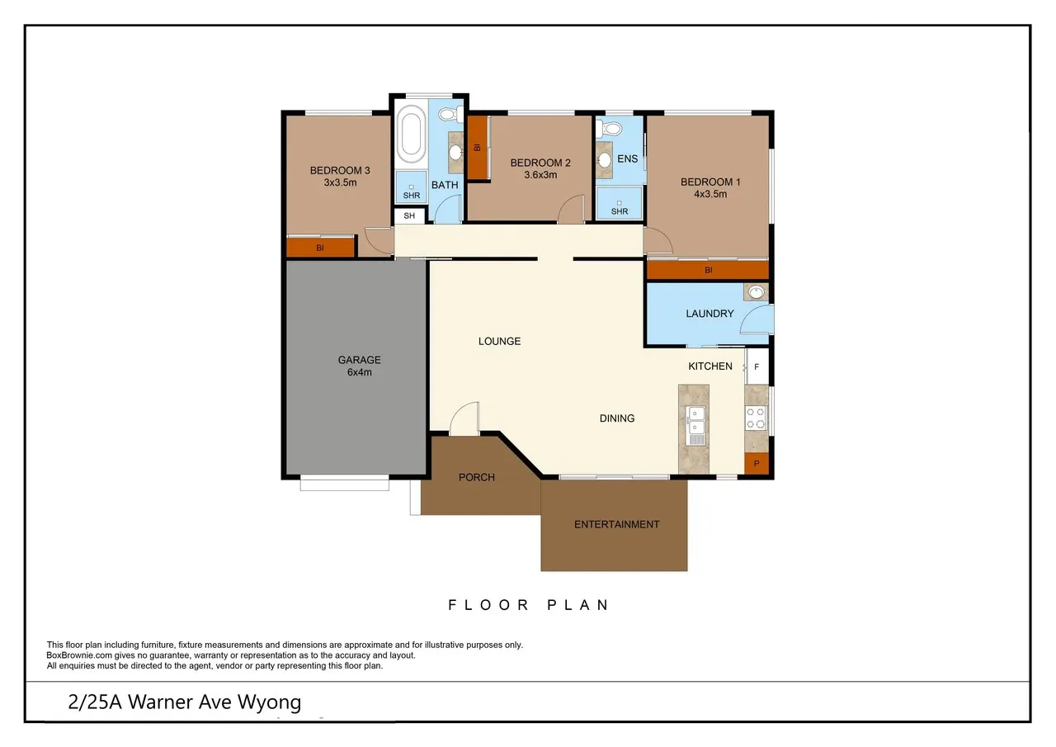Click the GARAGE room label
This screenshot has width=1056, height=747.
[359, 360]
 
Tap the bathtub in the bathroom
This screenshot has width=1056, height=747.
[410, 133]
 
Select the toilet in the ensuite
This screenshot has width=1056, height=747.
[611, 128]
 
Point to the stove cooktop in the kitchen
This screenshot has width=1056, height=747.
[755, 418]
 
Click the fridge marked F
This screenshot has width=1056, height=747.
[757, 366]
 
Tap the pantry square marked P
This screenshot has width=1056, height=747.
[756, 464]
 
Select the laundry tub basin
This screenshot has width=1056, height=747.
[756, 292]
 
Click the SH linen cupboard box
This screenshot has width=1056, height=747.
[409, 216]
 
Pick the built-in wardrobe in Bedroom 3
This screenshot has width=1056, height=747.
[320, 247]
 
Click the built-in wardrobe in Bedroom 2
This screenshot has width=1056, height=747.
[476, 149]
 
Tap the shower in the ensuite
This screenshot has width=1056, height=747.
[619, 202]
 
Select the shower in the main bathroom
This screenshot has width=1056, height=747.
[411, 187]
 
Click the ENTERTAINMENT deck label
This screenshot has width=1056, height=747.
[616, 524]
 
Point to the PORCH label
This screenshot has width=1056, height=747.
[476, 477]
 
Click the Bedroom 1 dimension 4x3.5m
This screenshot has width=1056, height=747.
[709, 195]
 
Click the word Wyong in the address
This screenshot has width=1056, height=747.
[269, 702]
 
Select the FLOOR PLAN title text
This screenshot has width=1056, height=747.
[528, 605]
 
